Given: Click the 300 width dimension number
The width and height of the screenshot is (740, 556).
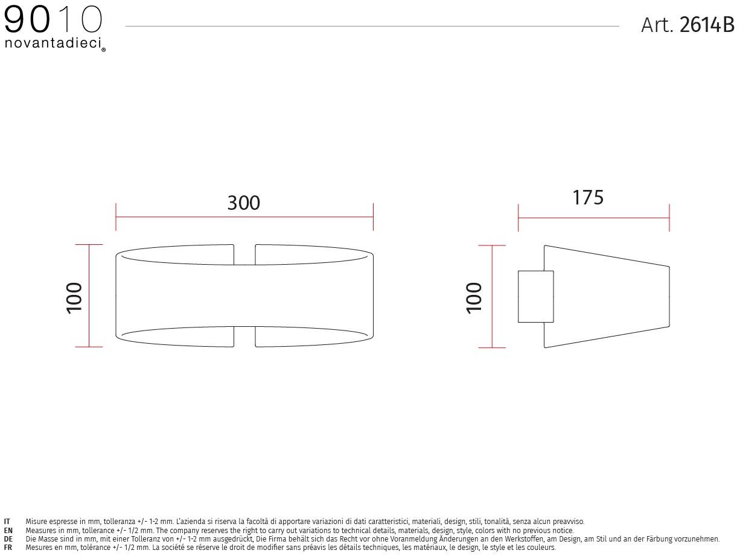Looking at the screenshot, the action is coord(244,203).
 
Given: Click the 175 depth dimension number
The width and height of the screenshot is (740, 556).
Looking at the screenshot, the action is coord(588,197).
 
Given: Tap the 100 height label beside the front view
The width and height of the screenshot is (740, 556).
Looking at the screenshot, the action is coord(74,298).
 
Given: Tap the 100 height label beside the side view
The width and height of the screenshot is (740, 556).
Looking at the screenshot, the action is coord(474,298).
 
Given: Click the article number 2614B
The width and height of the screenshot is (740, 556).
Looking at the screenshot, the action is coord(707,25).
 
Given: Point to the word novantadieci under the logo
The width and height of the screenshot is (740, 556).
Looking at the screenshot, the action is coord(53,43).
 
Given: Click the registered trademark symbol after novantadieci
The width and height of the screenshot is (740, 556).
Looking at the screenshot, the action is coord(103,50).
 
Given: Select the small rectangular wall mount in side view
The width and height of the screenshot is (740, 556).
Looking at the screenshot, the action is coord(536,296).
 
